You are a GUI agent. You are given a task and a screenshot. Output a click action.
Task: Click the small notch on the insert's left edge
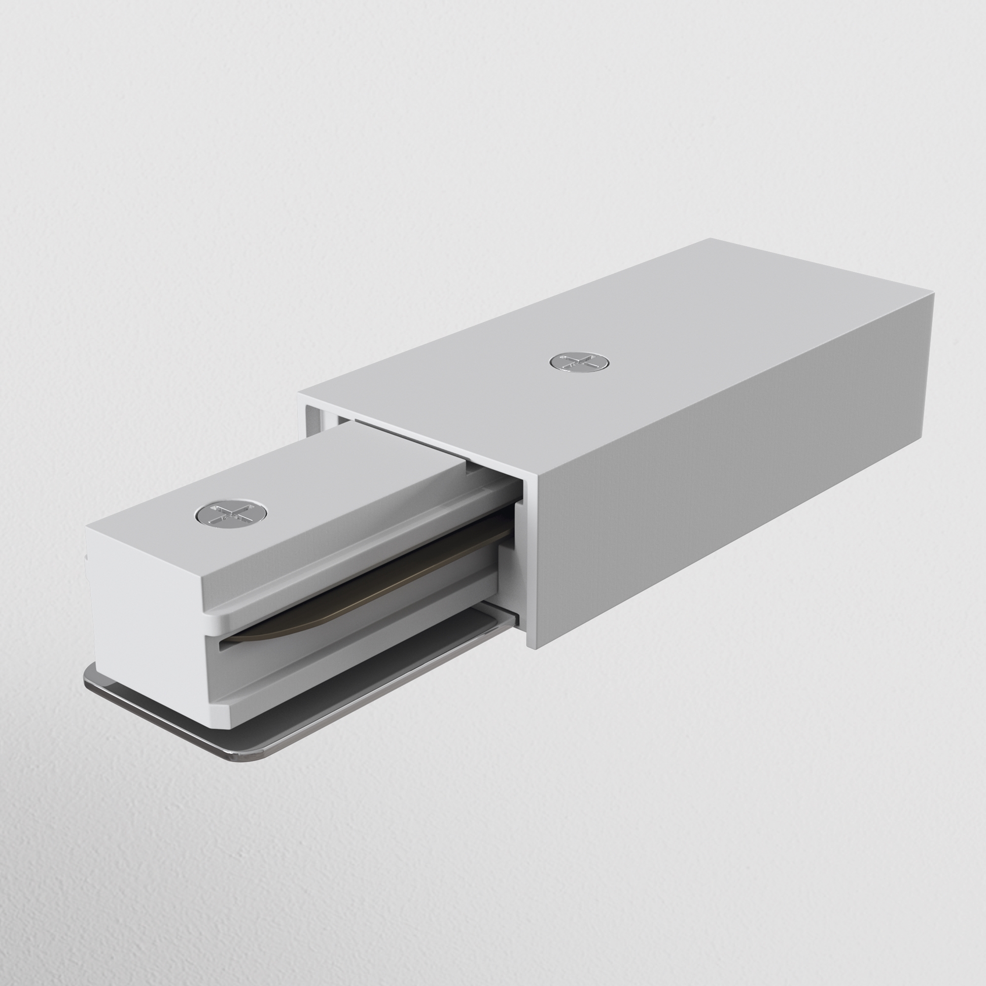[86, 559]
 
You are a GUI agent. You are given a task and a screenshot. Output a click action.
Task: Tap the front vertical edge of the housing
[531, 562]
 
